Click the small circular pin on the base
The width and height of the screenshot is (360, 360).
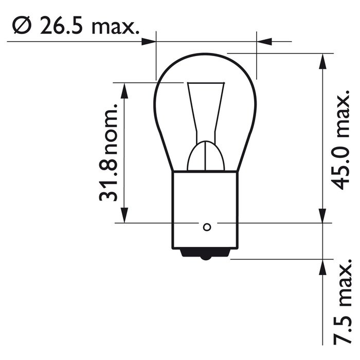207,227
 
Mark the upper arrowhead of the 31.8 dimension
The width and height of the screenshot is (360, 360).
124,91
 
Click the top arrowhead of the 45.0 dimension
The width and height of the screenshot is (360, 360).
322,61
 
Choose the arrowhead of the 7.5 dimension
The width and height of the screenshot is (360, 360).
322,267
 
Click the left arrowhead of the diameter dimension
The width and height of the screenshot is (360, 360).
149,41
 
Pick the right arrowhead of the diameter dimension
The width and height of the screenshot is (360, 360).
263,41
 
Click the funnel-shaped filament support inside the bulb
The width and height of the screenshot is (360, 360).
206,108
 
